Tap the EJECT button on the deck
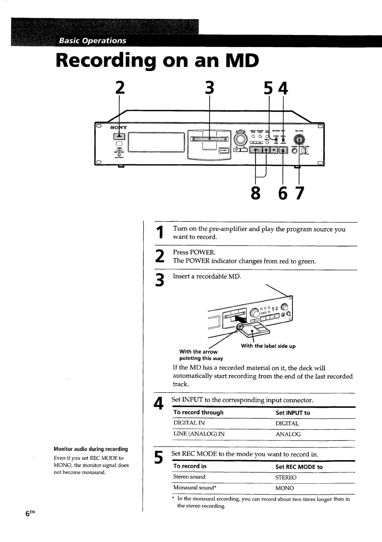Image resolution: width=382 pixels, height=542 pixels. (224, 150)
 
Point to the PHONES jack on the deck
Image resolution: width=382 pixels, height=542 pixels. (294, 151)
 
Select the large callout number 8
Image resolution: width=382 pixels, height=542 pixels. (255, 193)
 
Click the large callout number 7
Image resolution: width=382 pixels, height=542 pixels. (300, 193)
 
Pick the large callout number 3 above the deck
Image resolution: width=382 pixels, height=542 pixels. (210, 88)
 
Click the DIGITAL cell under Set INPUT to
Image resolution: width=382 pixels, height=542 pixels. (287, 423)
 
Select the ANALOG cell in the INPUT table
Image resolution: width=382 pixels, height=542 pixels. (288, 434)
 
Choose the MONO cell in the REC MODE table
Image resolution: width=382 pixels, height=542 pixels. (284, 488)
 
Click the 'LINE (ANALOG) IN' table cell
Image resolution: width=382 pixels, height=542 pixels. (199, 434)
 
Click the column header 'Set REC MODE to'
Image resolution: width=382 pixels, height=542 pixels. (299, 467)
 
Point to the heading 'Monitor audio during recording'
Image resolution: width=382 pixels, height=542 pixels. (91, 449)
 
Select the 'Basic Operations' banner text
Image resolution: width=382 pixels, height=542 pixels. (92, 41)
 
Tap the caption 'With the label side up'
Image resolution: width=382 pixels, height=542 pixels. (268, 346)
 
